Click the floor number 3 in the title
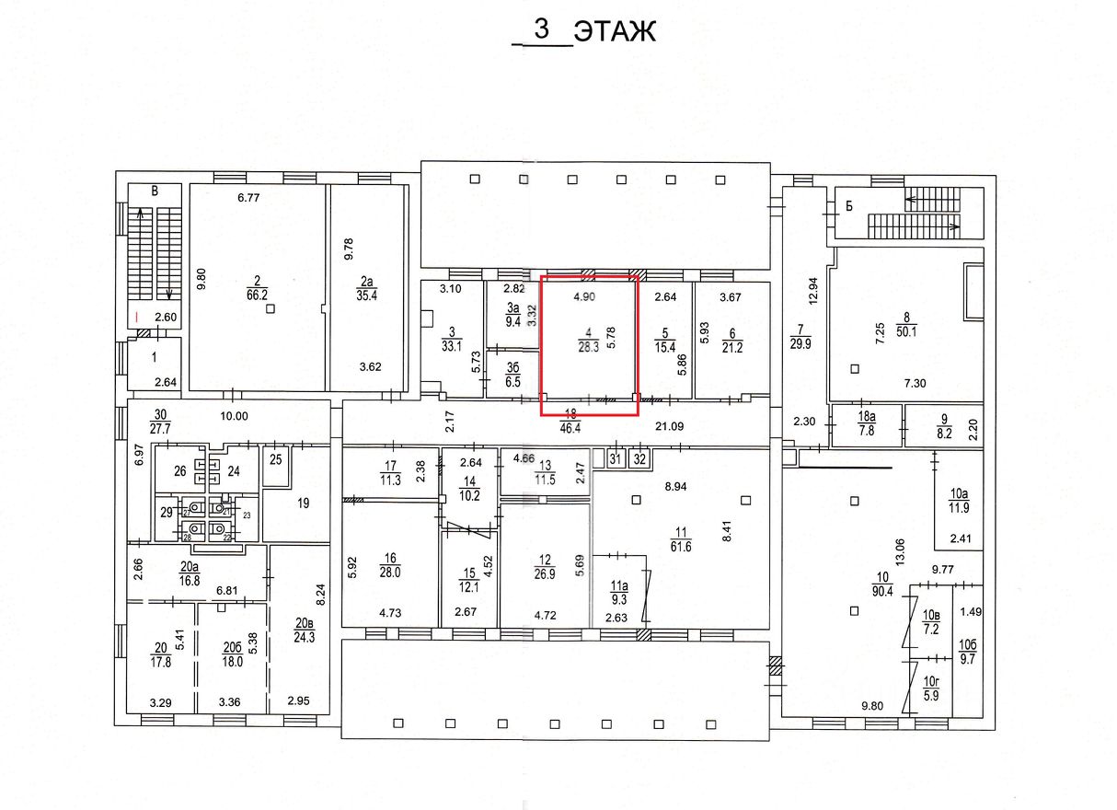[541, 29]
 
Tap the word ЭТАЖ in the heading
[615, 31]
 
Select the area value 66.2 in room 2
[257, 296]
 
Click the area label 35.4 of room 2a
[369, 296]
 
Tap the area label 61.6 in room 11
[682, 546]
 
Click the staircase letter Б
[849, 206]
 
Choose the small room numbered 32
[640, 458]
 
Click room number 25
[275, 458]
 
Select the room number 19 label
[302, 503]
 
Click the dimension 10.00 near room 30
[235, 416]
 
